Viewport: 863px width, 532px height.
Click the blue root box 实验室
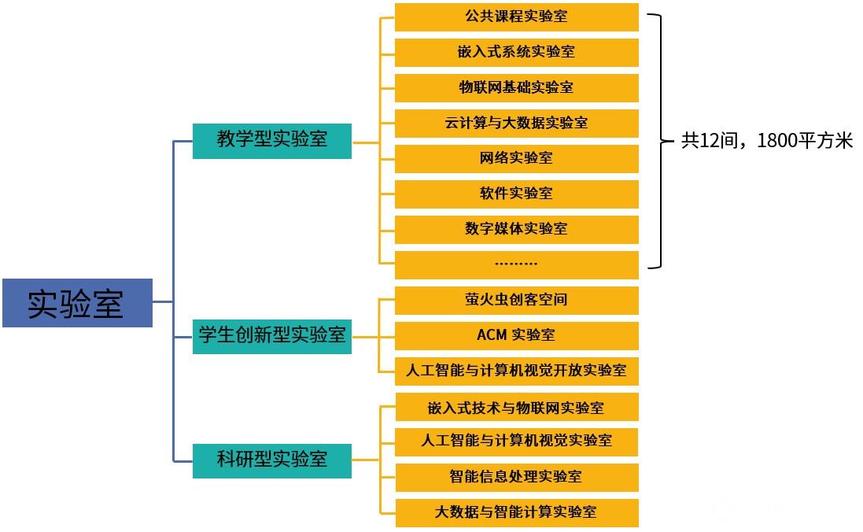(x=77, y=303)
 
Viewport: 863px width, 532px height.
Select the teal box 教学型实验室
(x=272, y=141)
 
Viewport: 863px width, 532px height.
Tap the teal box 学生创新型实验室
(x=272, y=335)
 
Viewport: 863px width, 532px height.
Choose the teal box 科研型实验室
(x=272, y=459)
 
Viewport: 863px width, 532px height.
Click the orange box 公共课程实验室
(x=516, y=17)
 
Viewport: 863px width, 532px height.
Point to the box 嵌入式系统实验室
(x=516, y=52)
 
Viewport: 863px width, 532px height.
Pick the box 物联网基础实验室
(x=516, y=87)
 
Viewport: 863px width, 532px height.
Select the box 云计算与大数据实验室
(x=516, y=123)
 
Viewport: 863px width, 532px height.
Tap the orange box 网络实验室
(x=516, y=158)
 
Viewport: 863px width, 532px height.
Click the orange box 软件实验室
(x=516, y=194)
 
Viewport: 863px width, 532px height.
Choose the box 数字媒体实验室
(x=516, y=229)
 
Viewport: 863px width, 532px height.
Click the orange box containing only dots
(x=516, y=264)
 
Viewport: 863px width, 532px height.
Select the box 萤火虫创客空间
(x=516, y=300)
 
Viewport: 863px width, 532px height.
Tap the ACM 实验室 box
(x=516, y=335)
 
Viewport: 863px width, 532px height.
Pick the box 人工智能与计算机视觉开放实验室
(x=516, y=371)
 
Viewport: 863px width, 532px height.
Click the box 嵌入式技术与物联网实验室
(x=516, y=408)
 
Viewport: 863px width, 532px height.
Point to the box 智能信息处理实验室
(x=516, y=477)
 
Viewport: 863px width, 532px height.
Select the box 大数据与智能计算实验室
(x=516, y=512)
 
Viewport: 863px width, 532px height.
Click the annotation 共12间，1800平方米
(x=767, y=141)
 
